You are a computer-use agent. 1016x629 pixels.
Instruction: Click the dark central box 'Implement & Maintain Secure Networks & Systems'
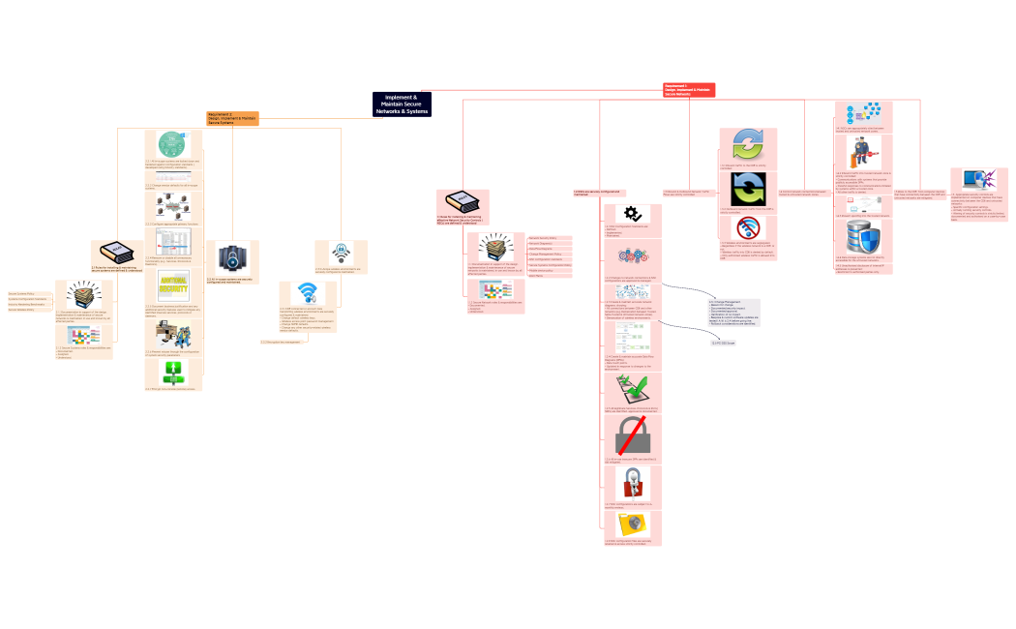(x=402, y=105)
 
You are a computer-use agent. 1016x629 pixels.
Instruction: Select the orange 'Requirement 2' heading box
(x=233, y=118)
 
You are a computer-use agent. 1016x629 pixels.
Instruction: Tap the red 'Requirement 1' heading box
(x=689, y=89)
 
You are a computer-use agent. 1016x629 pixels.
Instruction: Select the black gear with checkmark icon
(x=632, y=214)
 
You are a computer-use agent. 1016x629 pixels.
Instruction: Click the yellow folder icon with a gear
(x=632, y=524)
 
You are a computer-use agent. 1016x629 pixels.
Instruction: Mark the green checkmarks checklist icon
(x=632, y=390)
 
